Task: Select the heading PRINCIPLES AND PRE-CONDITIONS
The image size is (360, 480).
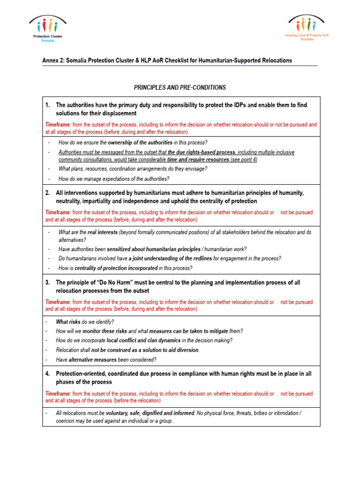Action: coord(180,88)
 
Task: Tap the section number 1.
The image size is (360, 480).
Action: coord(48,105)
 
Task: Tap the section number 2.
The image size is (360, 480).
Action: coord(48,193)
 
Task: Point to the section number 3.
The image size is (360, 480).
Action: coord(48,283)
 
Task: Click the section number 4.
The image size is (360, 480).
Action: coord(48,374)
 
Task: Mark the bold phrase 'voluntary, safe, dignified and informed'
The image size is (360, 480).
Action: coord(150,413)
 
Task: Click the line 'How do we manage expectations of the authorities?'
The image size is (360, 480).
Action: coord(114,179)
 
